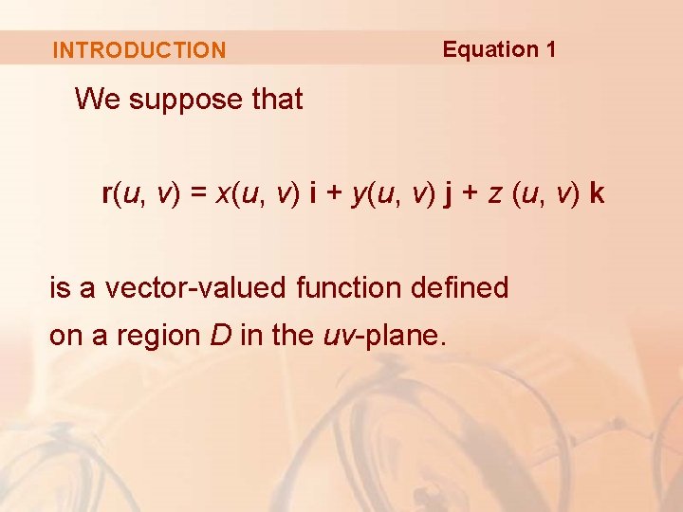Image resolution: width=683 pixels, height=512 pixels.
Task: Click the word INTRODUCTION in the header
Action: point(139,50)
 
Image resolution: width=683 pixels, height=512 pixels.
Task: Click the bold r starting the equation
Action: point(106,194)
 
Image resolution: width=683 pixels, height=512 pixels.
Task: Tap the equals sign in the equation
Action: point(197,194)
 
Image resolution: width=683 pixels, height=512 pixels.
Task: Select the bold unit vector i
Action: point(313,194)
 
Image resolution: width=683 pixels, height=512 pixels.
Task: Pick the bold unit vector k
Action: point(596,194)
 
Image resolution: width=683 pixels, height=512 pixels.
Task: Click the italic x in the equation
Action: point(223,195)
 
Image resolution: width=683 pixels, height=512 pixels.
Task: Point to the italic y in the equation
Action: point(358,196)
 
